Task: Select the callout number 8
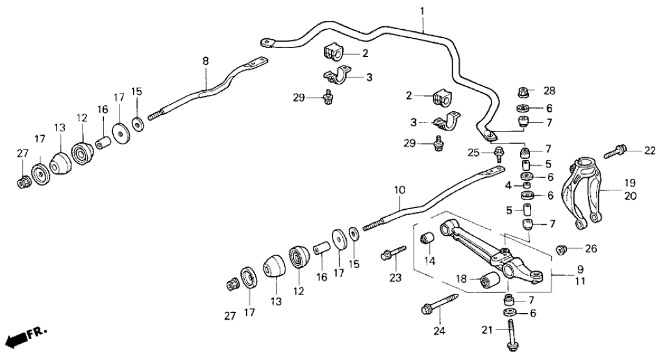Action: [x=205, y=61]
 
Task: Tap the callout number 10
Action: [x=399, y=190]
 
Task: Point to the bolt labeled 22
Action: [x=614, y=153]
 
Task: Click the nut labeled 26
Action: [x=562, y=248]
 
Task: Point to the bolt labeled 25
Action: [x=499, y=155]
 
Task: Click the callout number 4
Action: [x=509, y=186]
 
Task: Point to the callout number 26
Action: [x=590, y=248]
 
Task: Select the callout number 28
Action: [x=550, y=90]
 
